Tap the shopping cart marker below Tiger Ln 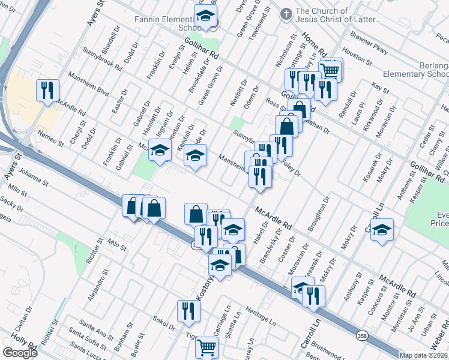tap(206, 346)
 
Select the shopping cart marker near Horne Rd tap(330, 70)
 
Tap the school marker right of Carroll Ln tap(382, 230)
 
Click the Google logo tap(20, 352)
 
